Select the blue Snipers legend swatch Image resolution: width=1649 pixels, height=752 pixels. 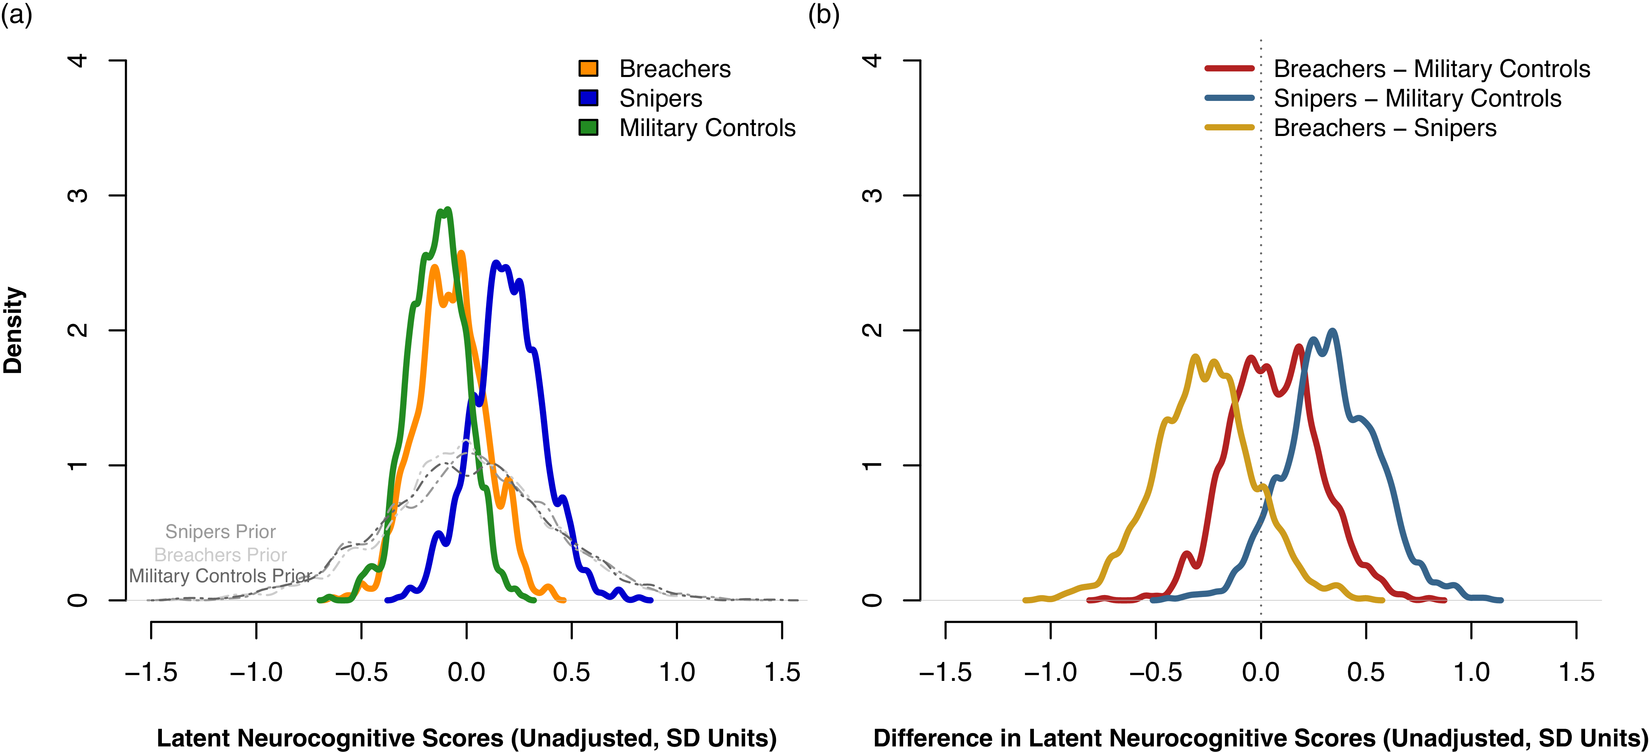pyautogui.click(x=588, y=98)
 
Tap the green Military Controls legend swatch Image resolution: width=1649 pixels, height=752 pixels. pyautogui.click(x=588, y=127)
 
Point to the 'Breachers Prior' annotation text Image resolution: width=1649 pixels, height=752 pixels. pyautogui.click(x=220, y=554)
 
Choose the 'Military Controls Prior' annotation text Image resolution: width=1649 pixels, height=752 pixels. pyautogui.click(x=220, y=576)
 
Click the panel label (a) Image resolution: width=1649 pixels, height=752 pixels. pyautogui.click(x=16, y=14)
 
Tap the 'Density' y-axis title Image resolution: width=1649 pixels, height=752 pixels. pyautogui.click(x=13, y=330)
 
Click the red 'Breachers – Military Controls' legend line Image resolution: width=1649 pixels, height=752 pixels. pyautogui.click(x=1229, y=68)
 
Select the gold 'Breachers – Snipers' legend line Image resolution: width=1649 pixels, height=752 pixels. pyautogui.click(x=1229, y=127)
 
